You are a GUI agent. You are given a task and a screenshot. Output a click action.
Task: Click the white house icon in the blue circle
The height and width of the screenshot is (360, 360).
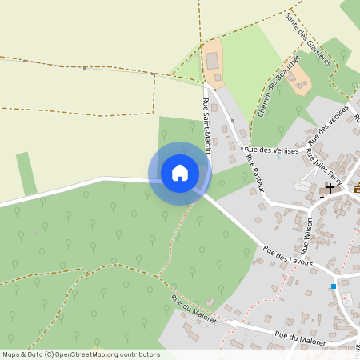point(179,173)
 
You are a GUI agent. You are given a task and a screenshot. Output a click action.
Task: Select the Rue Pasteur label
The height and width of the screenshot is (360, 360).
point(254,170)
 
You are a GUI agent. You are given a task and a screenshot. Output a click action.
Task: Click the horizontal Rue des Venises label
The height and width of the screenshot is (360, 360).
point(272,150)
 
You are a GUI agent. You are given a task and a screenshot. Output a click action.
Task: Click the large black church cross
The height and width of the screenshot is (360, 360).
point(330,189)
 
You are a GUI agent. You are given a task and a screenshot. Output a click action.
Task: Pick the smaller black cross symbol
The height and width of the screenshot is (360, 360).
point(322,197)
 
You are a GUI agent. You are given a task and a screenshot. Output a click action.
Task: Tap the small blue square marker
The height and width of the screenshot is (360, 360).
point(334,286)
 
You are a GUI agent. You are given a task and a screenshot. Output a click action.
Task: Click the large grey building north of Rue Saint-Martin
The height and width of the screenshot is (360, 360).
point(212,59)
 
